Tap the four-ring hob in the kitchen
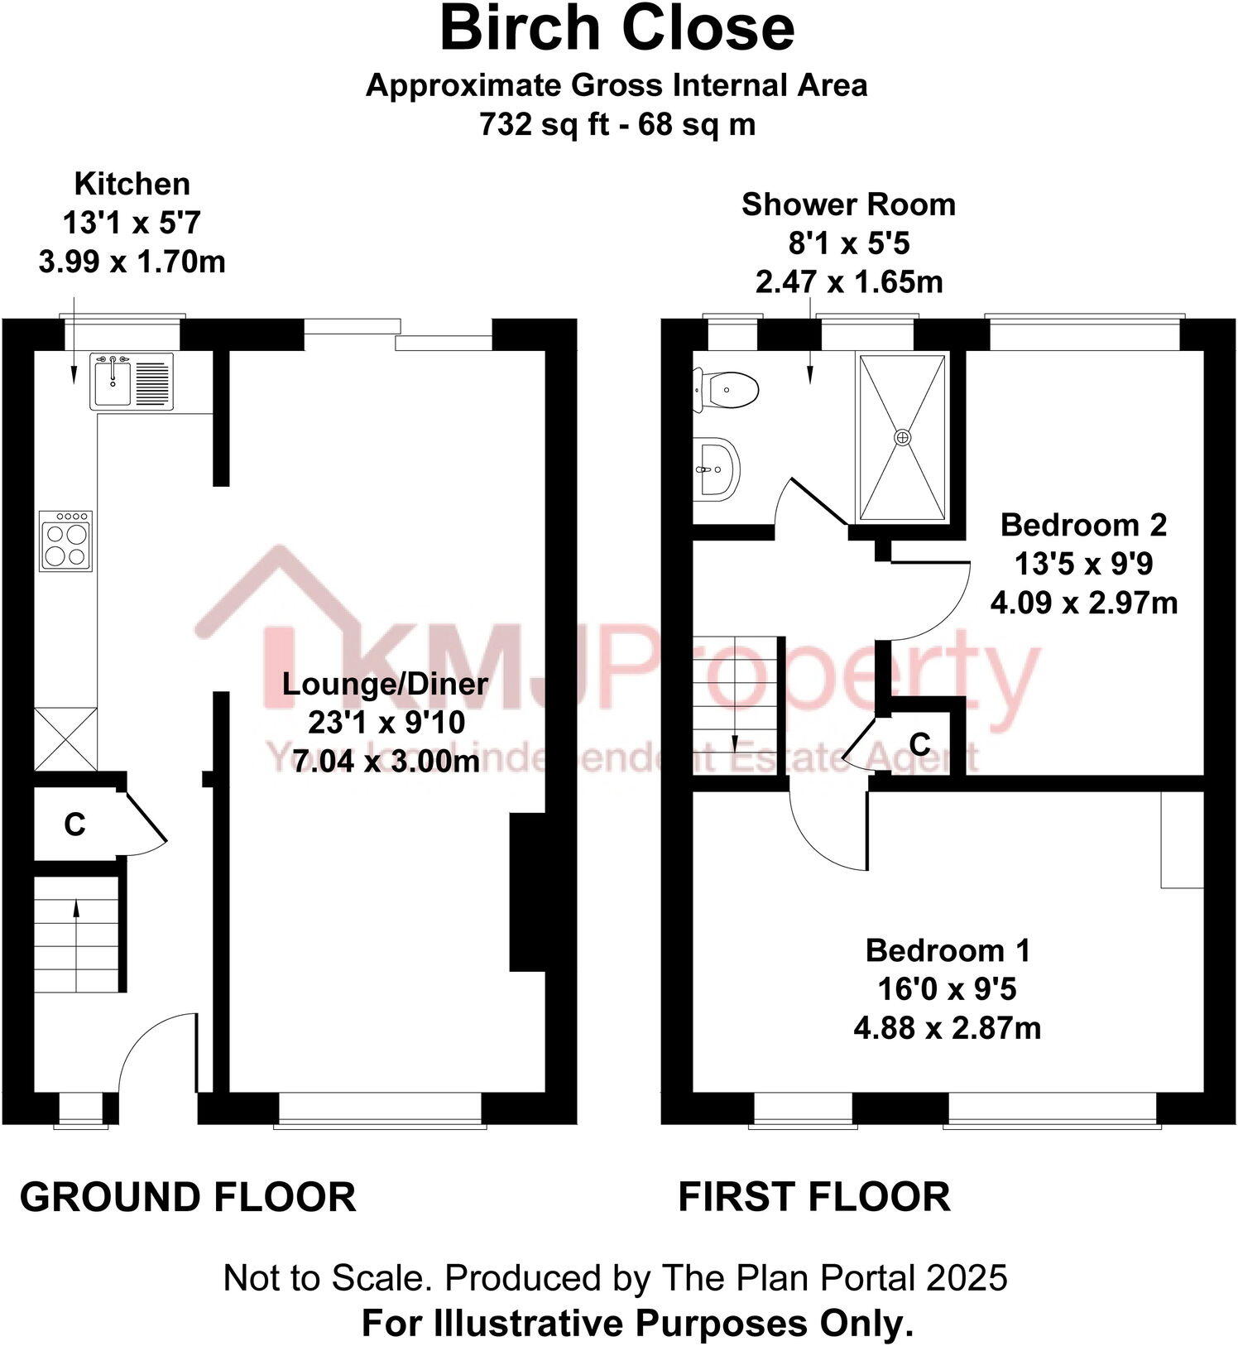65,541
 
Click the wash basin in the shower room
716,469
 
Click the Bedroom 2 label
1083,525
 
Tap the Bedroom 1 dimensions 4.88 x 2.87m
947,1028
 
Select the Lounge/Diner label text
385,684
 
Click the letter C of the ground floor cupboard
74,825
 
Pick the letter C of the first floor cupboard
919,744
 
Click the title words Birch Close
617,30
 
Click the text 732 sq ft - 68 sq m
617,125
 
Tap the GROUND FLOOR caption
188,1198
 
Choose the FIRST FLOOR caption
814,1198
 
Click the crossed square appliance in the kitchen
65,738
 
